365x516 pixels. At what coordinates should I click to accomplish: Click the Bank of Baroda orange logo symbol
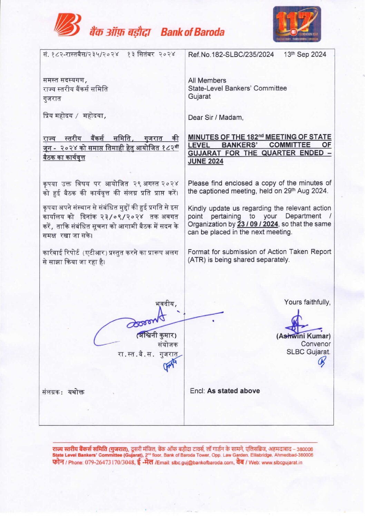68,25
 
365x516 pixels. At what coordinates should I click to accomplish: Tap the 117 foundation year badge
297,24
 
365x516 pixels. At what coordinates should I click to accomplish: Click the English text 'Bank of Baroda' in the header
193,32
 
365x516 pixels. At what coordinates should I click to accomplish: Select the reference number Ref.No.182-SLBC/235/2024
231,54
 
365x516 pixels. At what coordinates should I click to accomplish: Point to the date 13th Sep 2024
305,54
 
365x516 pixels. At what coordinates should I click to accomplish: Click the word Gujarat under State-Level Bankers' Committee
199,97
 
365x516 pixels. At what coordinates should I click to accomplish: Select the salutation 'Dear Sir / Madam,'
216,118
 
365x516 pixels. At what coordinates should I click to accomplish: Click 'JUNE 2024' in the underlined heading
206,161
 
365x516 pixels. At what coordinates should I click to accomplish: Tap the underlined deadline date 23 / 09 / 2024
258,224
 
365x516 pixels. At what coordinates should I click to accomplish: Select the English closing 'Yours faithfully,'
307,302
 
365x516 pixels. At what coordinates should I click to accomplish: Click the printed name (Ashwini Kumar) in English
303,336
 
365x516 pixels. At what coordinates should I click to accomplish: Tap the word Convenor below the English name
315,344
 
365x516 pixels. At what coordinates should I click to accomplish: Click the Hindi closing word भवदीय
166,304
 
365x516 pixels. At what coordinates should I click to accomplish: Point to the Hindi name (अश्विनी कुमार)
157,335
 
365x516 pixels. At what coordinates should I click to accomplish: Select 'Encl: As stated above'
225,391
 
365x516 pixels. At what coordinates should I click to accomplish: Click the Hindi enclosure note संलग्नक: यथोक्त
63,392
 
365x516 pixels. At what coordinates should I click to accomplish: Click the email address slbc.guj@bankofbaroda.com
203,463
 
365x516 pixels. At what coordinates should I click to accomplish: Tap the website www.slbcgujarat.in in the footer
282,463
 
